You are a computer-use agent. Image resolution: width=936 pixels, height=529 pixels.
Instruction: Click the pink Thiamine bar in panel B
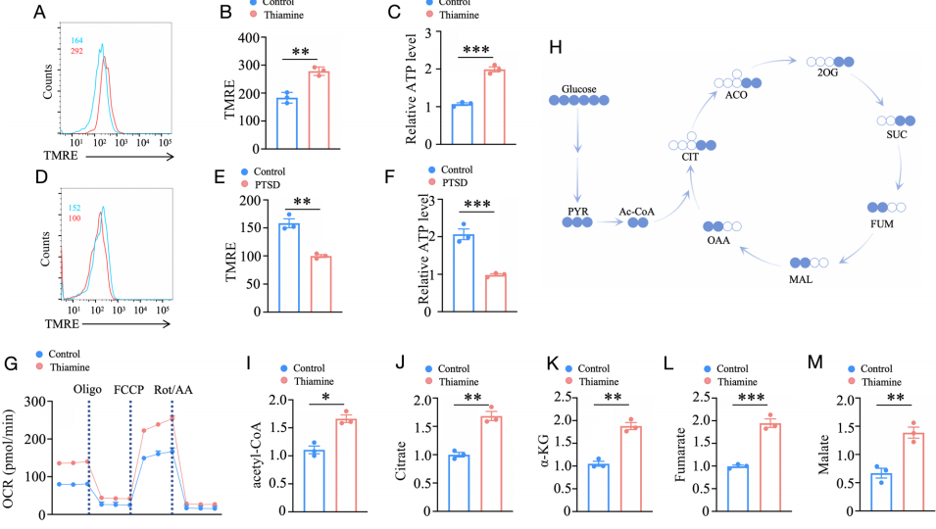320,111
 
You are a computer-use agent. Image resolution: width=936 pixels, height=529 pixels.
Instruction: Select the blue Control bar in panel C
462,124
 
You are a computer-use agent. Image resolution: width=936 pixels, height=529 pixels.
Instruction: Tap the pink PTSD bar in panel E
321,284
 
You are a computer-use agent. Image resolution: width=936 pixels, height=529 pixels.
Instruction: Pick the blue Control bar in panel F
464,273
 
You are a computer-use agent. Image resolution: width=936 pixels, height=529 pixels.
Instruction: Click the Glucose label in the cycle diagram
578,89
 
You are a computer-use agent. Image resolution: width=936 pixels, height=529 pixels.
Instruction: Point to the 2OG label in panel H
827,72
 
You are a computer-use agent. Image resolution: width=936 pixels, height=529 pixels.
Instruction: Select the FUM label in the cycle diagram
882,223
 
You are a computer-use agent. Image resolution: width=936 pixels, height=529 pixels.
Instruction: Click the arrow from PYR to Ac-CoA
609,222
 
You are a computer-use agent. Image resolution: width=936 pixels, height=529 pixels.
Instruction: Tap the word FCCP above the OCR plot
129,390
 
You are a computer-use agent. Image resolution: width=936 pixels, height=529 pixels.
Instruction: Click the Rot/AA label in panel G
173,390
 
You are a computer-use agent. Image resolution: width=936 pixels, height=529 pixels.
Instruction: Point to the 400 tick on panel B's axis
248,38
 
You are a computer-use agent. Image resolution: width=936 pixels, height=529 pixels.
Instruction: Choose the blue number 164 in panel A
77,40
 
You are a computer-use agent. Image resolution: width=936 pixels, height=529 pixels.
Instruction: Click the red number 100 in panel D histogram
74,218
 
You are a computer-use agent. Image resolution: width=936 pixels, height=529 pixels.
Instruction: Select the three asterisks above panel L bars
751,397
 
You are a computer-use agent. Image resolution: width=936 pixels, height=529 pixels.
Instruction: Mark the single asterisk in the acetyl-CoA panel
326,397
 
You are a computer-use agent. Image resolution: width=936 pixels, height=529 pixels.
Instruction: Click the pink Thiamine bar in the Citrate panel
491,464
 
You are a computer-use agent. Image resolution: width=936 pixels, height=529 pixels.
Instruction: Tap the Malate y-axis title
823,455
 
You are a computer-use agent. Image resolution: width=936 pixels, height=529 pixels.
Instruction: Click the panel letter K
552,362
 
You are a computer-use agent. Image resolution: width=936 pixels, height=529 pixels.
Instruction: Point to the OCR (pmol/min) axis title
8,458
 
